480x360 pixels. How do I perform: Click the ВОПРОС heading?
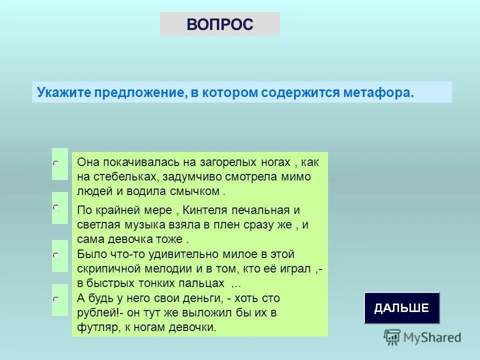pyautogui.click(x=220, y=24)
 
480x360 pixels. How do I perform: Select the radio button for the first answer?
pyautogui.click(x=56, y=163)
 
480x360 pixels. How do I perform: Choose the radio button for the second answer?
pyautogui.click(x=56, y=207)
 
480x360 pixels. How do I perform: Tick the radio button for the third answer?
pyautogui.click(x=56, y=255)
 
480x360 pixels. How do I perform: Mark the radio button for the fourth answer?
pyautogui.click(x=56, y=299)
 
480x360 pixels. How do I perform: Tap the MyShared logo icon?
pyautogui.click(x=392, y=337)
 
